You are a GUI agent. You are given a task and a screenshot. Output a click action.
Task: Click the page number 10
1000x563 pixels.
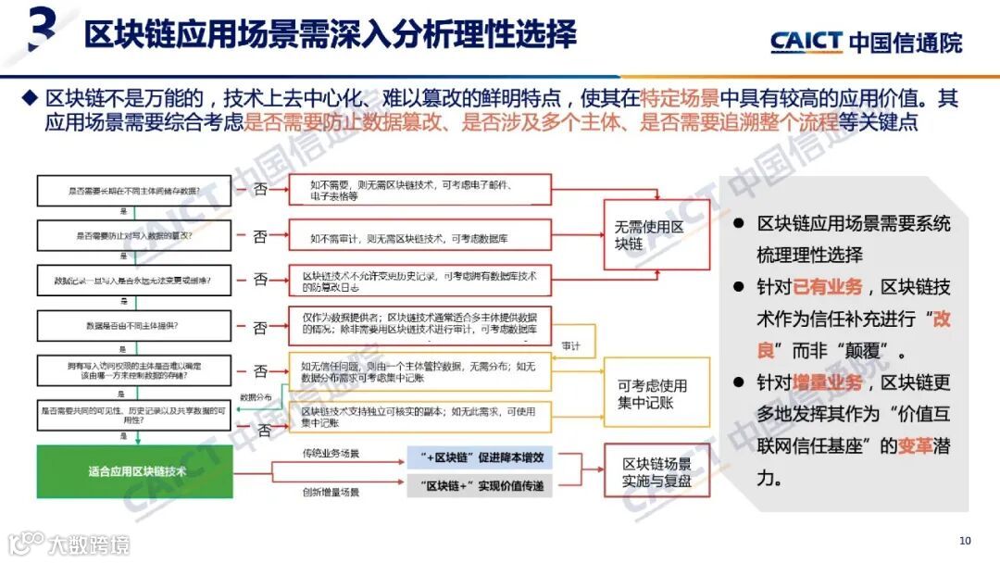965,541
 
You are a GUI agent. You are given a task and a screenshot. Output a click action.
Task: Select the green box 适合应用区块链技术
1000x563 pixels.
137,471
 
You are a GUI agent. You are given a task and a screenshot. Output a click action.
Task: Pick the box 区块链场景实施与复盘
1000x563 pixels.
656,472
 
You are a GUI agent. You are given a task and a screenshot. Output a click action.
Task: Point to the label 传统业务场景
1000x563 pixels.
330,454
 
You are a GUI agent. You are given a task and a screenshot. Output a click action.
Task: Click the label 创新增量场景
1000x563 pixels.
330,492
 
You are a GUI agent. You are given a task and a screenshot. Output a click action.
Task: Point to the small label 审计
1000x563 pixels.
571,345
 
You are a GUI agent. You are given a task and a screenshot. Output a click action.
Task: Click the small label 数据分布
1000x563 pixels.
256,397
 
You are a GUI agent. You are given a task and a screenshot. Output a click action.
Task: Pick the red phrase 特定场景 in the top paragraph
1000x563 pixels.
684,96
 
